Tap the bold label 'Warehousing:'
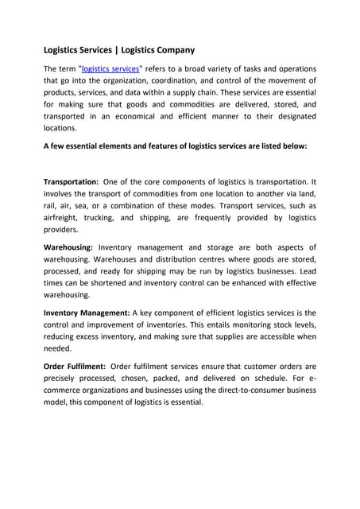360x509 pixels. [x=68, y=247]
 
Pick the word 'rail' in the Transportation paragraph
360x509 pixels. [x=51, y=205]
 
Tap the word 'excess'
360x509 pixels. [x=94, y=336]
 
